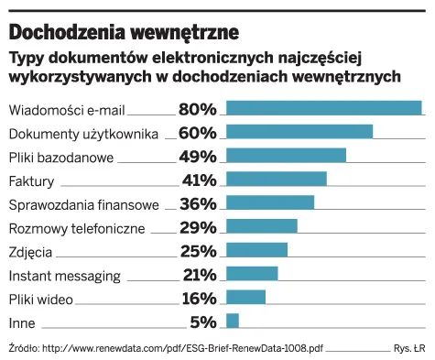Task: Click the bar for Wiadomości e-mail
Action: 324,108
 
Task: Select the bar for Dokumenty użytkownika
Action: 299,132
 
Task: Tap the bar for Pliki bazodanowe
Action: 286,155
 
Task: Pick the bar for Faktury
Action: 277,179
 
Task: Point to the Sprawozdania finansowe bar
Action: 270,202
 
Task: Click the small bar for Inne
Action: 233,321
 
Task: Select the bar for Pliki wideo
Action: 245,297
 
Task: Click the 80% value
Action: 198,109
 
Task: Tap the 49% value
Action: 198,157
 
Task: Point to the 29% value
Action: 198,228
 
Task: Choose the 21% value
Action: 200,275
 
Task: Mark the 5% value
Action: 203,322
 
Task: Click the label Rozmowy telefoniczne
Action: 77,229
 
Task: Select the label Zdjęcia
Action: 30,253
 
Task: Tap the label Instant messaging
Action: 65,277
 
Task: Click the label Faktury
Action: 31,181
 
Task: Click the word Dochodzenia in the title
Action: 67,32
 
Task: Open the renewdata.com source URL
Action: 182,348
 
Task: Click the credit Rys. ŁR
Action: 409,348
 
